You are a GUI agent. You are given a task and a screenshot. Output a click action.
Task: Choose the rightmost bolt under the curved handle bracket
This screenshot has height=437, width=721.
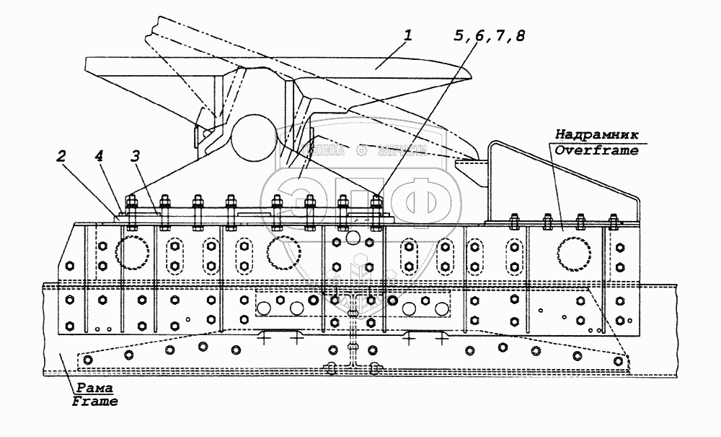614,220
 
